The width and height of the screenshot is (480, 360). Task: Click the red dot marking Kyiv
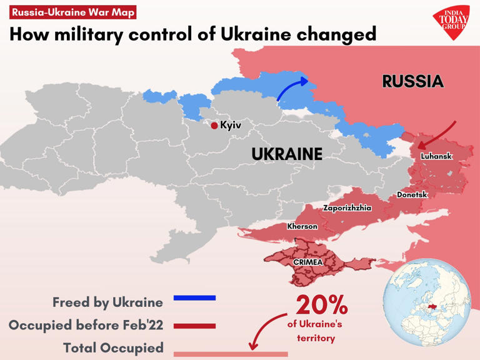(214, 126)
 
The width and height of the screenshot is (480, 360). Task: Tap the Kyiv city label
(231, 126)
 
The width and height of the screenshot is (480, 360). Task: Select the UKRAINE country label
(287, 154)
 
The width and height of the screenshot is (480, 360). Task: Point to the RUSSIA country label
(412, 81)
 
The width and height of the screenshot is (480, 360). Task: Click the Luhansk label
(436, 156)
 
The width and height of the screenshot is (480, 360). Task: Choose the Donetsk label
(412, 195)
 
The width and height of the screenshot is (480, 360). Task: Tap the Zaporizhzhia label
(347, 208)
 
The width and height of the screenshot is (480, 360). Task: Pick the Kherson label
(302, 226)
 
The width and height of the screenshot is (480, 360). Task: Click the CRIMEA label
(307, 262)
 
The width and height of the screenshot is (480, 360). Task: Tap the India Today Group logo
(451, 23)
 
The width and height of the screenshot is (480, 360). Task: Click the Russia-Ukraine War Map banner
(73, 12)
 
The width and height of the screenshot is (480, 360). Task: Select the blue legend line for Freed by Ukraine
(194, 298)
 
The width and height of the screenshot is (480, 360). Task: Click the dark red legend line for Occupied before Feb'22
(194, 326)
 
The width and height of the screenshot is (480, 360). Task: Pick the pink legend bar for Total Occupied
(230, 354)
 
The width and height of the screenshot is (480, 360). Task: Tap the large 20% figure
(321, 305)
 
